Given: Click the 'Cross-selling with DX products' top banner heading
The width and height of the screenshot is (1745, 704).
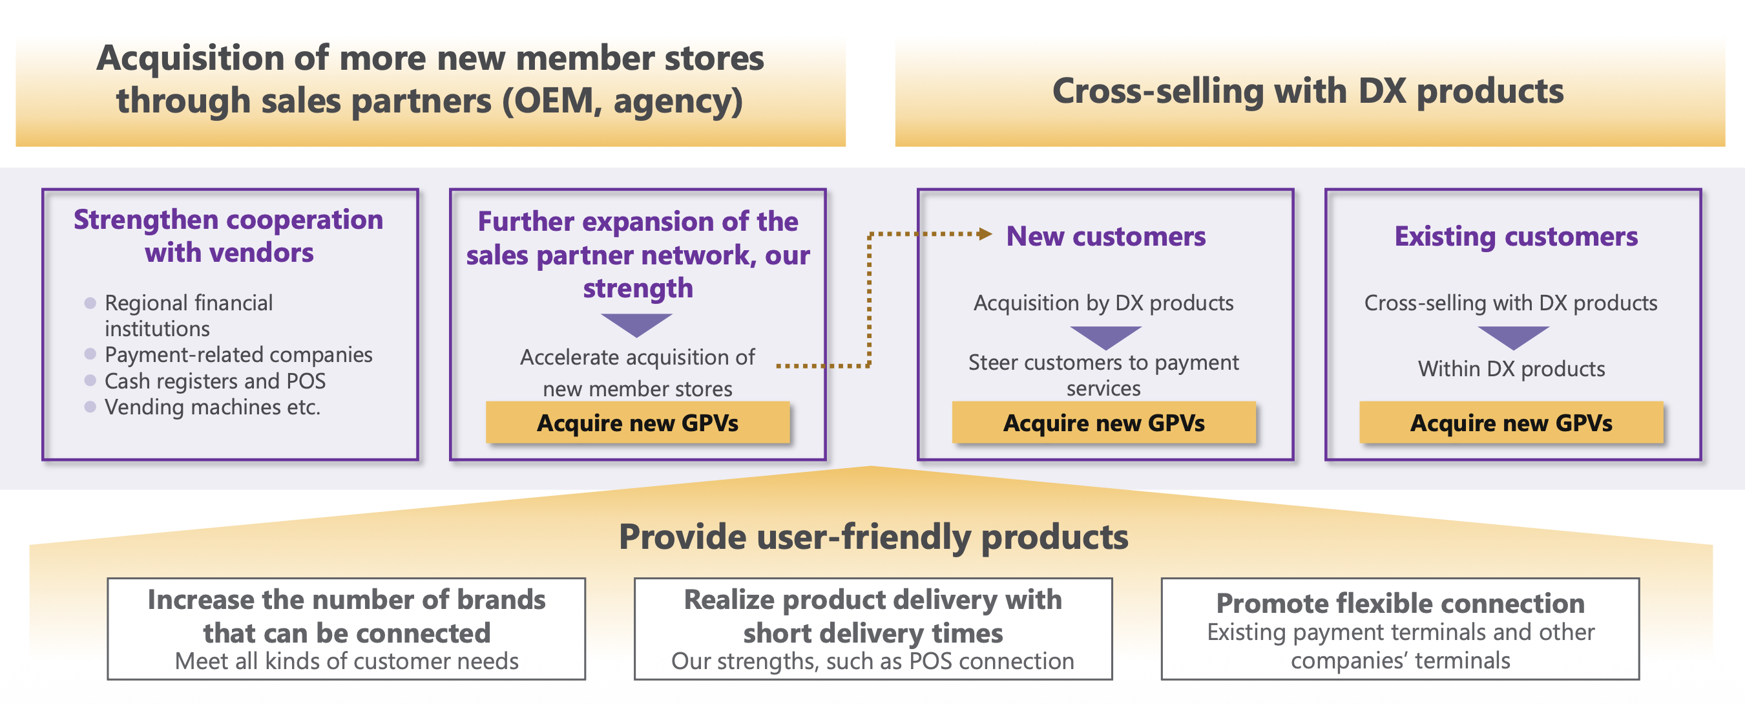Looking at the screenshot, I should (1308, 91).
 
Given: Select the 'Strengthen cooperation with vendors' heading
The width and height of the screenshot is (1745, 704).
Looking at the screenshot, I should (229, 236).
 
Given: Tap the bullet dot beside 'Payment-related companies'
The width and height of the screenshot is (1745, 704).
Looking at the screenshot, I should (90, 354).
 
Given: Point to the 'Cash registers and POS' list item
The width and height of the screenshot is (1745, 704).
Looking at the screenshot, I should (214, 381).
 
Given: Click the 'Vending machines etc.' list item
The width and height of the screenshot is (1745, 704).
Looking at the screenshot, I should (212, 407).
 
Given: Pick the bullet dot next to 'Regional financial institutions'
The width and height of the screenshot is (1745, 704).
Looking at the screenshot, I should (90, 303).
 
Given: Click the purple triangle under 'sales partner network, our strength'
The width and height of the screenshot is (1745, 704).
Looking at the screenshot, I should (637, 324).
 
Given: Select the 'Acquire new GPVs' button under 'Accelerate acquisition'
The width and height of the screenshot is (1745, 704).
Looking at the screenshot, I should (638, 423).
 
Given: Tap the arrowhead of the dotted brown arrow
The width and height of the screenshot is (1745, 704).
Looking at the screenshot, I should (986, 235).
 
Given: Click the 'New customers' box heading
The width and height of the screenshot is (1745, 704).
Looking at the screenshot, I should (1105, 237).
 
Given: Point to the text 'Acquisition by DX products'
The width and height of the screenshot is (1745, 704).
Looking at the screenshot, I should (1103, 303).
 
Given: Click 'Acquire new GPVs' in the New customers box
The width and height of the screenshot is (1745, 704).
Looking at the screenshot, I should (1103, 423).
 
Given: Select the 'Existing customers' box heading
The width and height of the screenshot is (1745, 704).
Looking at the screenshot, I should (1516, 237).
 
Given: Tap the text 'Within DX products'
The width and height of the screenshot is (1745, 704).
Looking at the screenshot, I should (1511, 368).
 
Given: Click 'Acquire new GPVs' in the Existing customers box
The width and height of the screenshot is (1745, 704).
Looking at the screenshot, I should (1511, 423).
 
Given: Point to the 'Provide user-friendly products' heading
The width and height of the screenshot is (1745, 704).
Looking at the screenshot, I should (873, 537).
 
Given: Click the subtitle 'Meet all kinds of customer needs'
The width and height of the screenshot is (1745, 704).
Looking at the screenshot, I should (346, 661).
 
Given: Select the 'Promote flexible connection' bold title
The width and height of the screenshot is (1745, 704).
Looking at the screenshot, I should (1400, 603).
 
